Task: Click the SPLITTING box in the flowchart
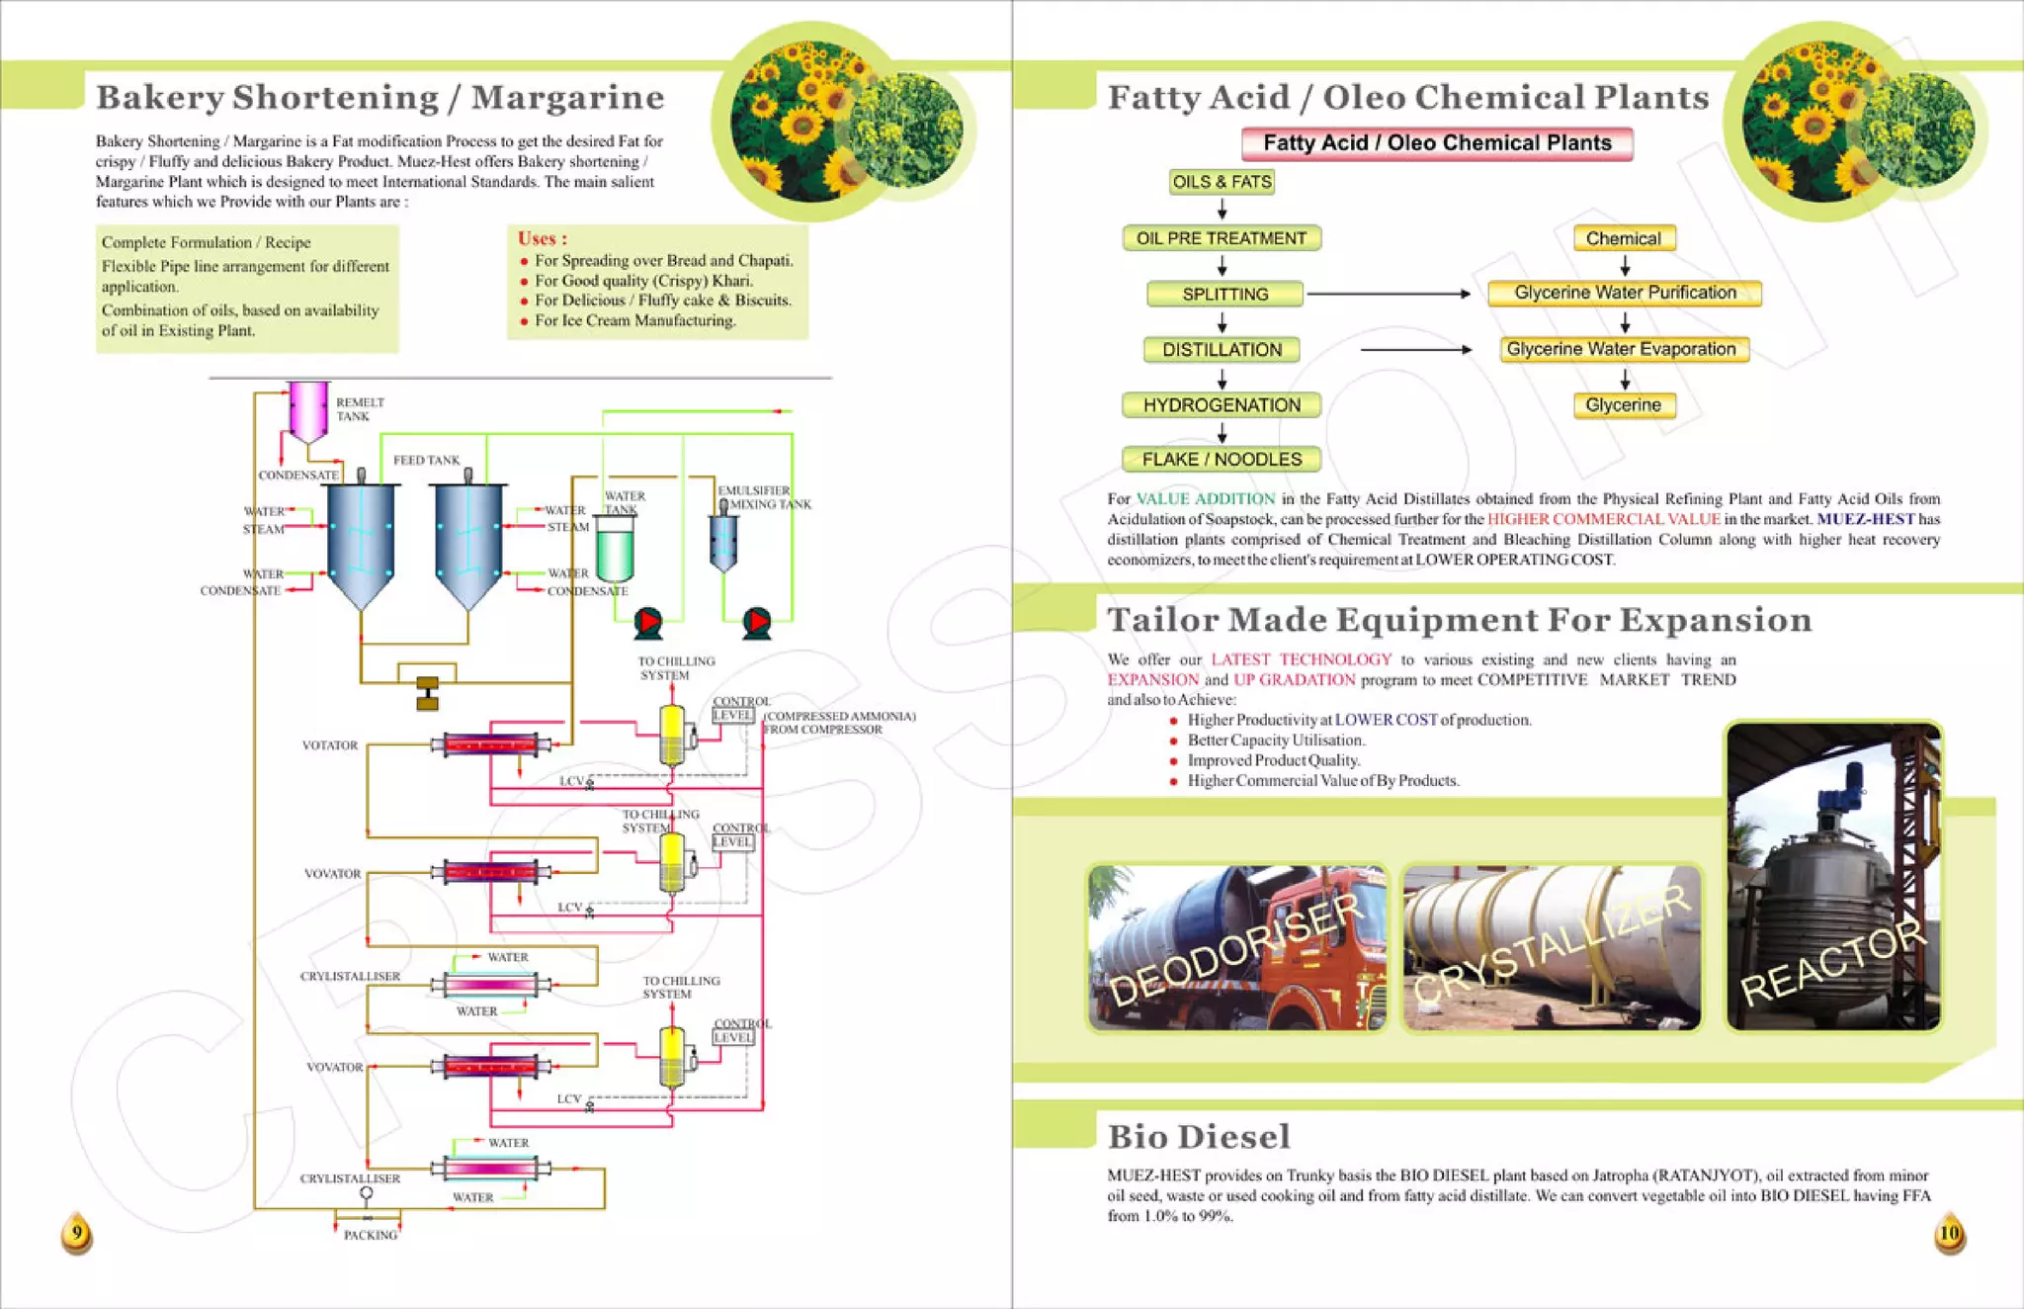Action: pos(1224,294)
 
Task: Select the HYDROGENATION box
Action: pos(1222,404)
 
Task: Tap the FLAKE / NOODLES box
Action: pos(1222,459)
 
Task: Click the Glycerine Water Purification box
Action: pos(1625,293)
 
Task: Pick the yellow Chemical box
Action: pos(1624,238)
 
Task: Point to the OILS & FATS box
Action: pos(1222,182)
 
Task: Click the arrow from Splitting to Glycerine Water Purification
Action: pos(1389,294)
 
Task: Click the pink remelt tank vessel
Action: pos(308,410)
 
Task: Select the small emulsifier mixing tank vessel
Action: pos(723,542)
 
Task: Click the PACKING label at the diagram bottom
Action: pos(371,1235)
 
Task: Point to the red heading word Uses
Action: pos(542,238)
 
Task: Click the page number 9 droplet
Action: pos(77,1234)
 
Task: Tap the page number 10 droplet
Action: pos(1949,1234)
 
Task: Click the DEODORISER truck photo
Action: pos(1236,947)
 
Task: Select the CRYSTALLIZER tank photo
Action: pos(1552,947)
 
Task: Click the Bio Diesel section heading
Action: pos(1199,1137)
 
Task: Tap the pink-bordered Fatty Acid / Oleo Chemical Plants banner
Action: pos(1437,143)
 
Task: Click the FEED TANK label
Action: pos(426,460)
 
